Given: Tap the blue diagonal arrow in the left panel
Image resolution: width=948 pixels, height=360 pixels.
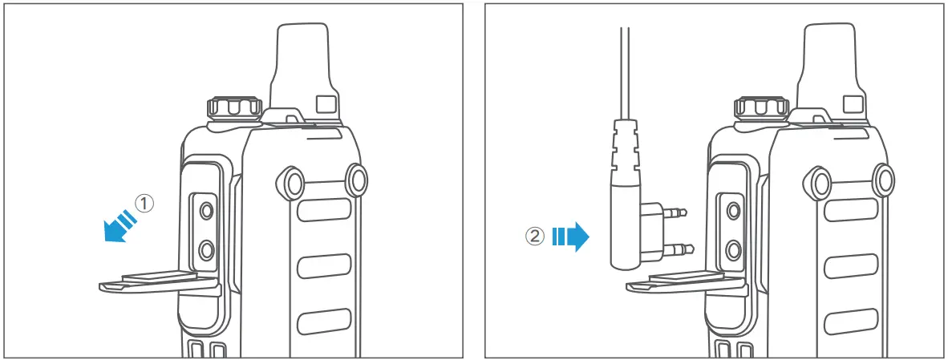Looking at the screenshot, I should [118, 224].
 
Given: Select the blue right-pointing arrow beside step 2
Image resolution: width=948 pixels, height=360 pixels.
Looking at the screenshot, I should [572, 237].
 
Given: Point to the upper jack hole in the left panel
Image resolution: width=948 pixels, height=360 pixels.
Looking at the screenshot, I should [206, 211].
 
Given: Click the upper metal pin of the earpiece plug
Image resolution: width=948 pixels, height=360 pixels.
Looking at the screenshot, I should [676, 213].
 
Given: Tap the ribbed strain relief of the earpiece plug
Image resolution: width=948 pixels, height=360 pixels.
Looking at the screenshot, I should [626, 148].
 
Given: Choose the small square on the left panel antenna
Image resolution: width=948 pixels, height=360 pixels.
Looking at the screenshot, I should [326, 104].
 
